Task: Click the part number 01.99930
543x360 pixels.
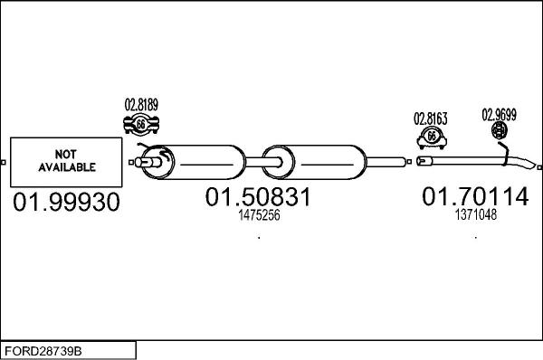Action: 66,204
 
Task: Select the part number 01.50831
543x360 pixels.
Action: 259,197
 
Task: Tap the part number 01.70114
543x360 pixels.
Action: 474,196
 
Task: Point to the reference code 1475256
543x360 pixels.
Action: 259,216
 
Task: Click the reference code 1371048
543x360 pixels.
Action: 475,215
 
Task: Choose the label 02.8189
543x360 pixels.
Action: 140,105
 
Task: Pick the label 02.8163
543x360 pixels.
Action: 431,118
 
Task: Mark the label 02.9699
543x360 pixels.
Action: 499,114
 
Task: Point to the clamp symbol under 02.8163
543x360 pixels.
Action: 432,137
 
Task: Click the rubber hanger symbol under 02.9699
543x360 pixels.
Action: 499,133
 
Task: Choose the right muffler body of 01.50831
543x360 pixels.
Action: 322,163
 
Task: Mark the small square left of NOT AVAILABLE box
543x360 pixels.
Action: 4,163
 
